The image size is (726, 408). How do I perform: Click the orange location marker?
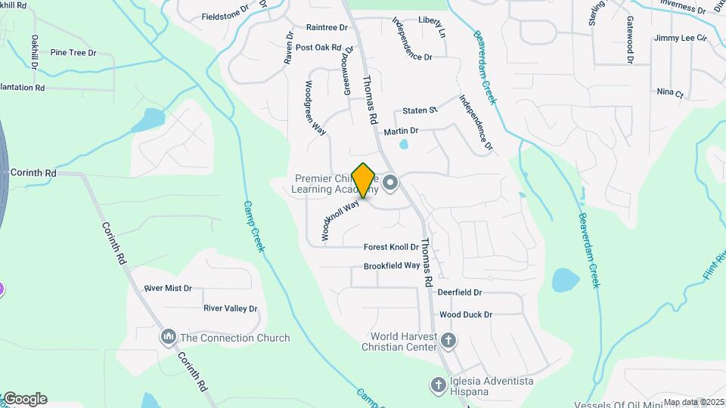click(364, 181)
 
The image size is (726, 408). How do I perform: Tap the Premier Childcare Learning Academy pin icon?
click(391, 182)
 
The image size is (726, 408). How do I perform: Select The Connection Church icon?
click(168, 337)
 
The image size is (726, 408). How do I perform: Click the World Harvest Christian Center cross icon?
click(448, 341)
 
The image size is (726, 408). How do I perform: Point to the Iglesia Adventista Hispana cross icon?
click(438, 385)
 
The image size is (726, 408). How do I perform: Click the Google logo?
click(25, 399)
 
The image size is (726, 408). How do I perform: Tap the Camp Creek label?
click(253, 226)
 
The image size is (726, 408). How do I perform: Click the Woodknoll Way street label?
click(340, 220)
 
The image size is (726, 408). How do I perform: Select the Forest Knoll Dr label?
click(391, 247)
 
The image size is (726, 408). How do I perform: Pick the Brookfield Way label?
click(392, 266)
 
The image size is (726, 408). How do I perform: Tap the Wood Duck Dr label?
click(466, 314)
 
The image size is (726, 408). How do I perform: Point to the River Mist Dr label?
click(168, 289)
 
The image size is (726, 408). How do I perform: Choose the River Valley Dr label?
click(231, 308)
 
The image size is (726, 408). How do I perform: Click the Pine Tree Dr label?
click(73, 53)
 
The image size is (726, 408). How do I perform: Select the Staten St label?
click(420, 110)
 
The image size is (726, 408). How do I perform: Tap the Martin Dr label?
click(401, 131)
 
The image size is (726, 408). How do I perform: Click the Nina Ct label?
click(670, 94)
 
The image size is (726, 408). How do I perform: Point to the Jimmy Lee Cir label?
click(681, 38)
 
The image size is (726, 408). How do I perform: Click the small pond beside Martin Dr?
click(404, 144)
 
